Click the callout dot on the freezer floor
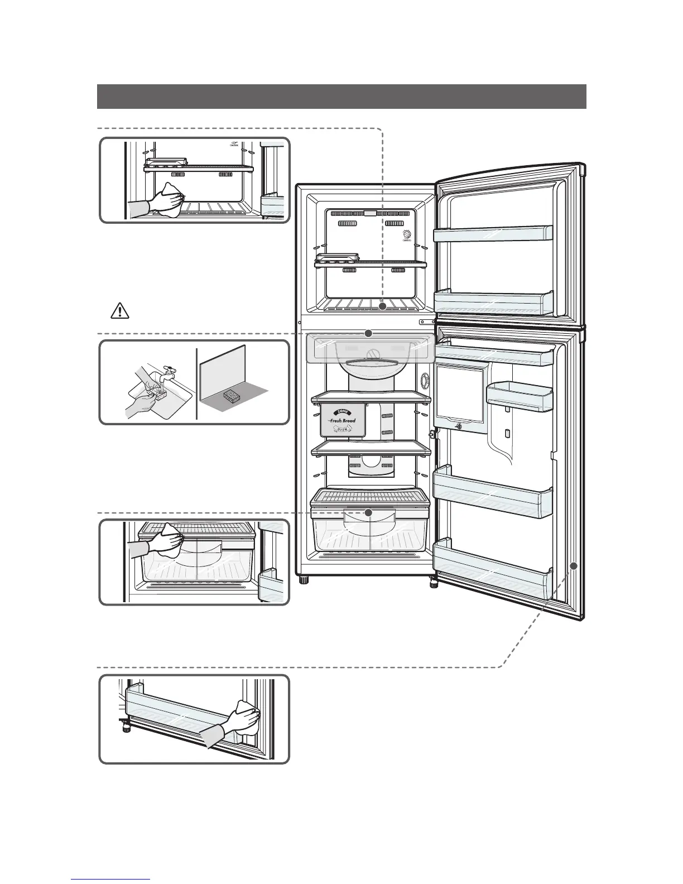pos(382,306)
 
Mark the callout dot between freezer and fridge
pos(368,333)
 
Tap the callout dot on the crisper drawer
pos(368,512)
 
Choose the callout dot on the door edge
pos(574,565)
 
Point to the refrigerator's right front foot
pos(434,583)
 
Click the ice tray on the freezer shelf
pos(337,258)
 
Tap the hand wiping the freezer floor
pos(167,198)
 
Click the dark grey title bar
pos(341,97)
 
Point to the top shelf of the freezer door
pos(492,234)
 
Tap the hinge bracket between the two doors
pos(427,322)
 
